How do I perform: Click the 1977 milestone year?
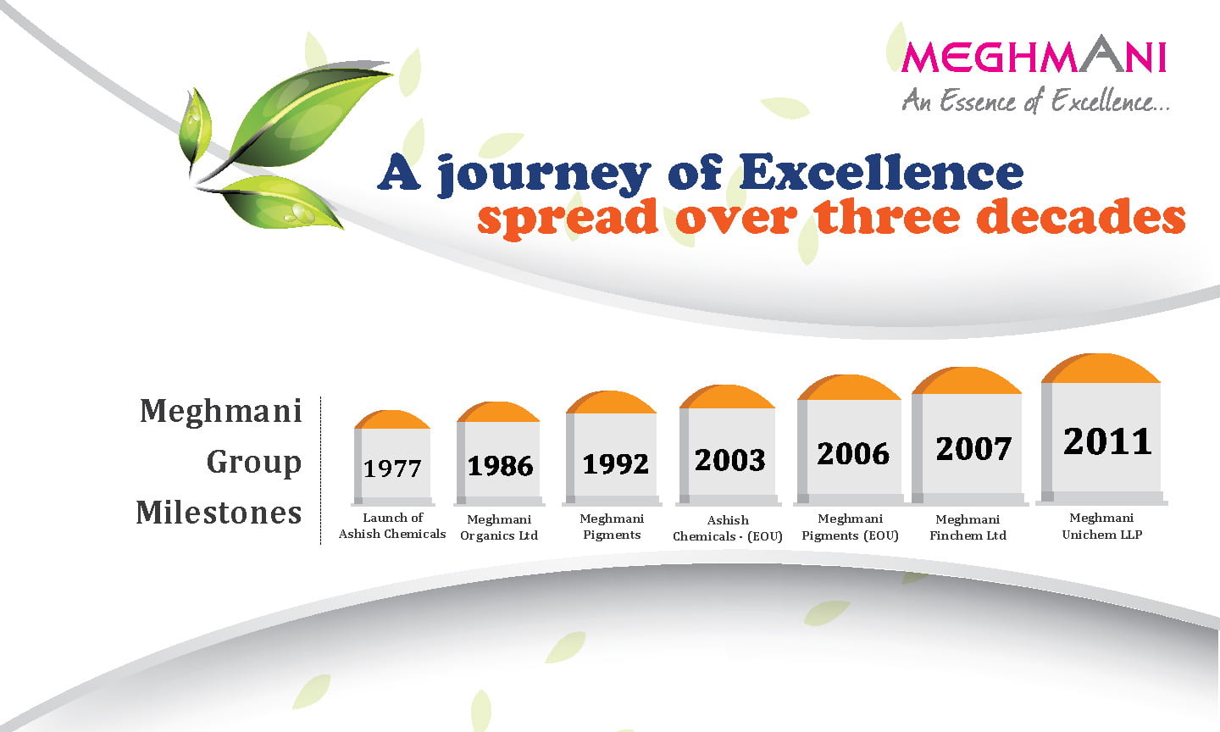pyautogui.click(x=392, y=469)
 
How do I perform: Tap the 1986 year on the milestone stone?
pyautogui.click(x=500, y=466)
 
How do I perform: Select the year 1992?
pyautogui.click(x=615, y=464)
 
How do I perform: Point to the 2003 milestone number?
pyautogui.click(x=729, y=460)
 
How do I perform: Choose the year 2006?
pyautogui.click(x=853, y=454)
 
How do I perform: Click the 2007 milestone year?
pyautogui.click(x=973, y=449)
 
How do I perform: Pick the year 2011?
pyautogui.click(x=1107, y=441)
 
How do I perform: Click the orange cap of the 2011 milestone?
pyautogui.click(x=1101, y=369)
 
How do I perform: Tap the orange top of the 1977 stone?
pyautogui.click(x=391, y=419)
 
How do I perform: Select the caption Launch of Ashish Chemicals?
pyautogui.click(x=392, y=525)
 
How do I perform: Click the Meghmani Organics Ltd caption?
pyautogui.click(x=499, y=527)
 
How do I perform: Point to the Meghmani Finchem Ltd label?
pyautogui.click(x=968, y=527)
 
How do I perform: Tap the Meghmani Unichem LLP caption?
pyautogui.click(x=1101, y=526)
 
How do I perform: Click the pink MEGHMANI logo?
pyautogui.click(x=1034, y=53)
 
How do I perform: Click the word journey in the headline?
pyautogui.click(x=544, y=175)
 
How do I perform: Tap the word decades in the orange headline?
pyautogui.click(x=1081, y=217)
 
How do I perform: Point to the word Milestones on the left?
pyautogui.click(x=219, y=513)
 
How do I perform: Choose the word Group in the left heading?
pyautogui.click(x=254, y=463)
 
